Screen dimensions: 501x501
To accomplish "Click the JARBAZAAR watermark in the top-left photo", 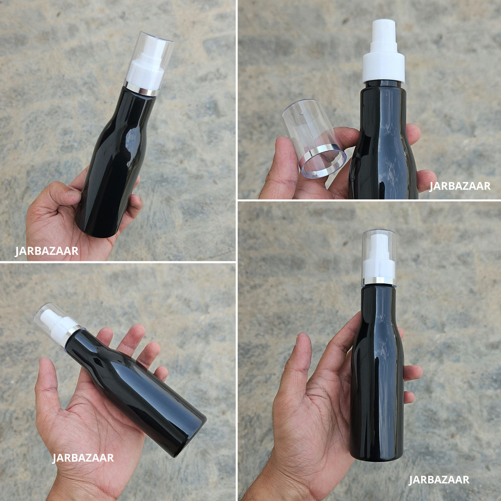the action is (46, 251).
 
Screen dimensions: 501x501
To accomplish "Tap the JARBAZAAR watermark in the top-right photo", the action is (460, 186).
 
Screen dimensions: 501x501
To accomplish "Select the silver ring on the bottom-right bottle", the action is (379, 281).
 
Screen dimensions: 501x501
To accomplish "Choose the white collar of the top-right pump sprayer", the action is (384, 69).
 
